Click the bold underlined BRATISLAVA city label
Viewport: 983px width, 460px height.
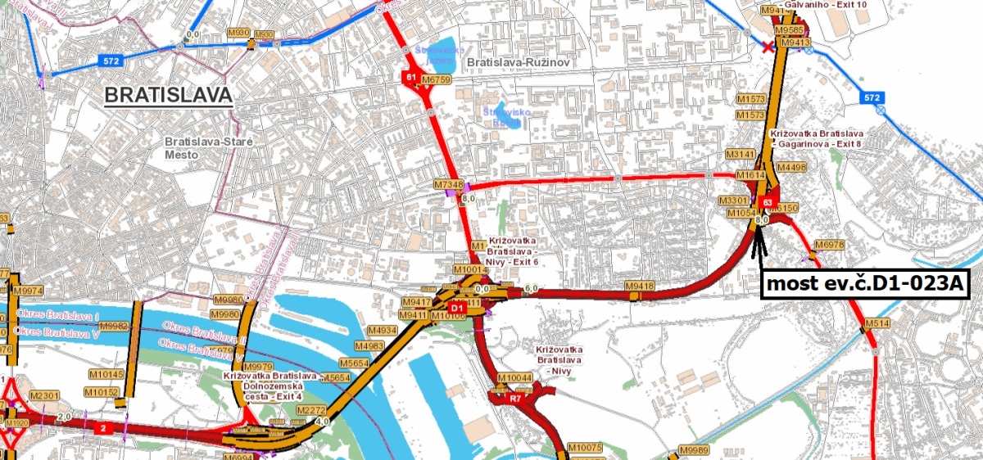point(169,96)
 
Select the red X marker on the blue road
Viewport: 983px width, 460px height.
point(768,47)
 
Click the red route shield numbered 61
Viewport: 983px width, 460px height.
point(410,78)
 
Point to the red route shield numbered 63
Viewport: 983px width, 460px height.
point(768,201)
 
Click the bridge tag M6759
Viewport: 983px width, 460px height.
point(437,79)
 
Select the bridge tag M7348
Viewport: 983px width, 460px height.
point(449,185)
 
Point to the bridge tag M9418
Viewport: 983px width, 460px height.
point(640,286)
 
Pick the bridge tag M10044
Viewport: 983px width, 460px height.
point(515,377)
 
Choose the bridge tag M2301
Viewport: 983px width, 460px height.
point(45,396)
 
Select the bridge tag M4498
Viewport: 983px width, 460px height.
point(792,168)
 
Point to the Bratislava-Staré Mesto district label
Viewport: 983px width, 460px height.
point(208,147)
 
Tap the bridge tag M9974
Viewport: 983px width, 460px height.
point(28,291)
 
